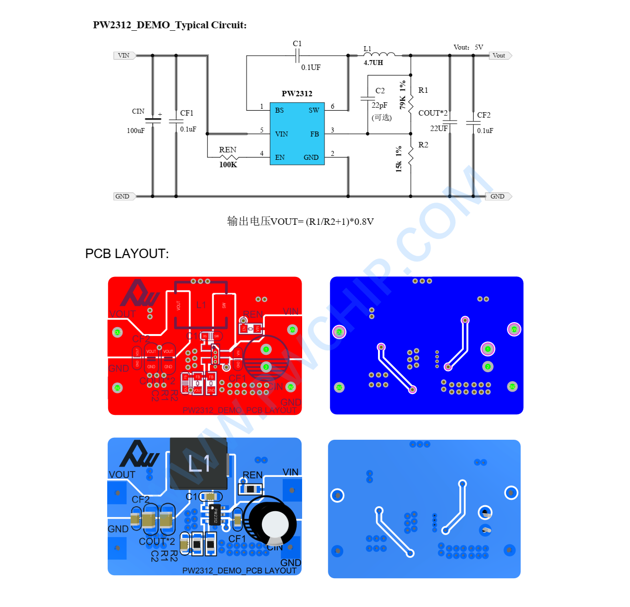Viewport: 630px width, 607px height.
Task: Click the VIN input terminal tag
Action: (x=124, y=56)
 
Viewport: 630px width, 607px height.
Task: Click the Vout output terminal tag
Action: (x=500, y=56)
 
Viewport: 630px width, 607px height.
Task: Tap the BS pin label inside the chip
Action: (x=279, y=110)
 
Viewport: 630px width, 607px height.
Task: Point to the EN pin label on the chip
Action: (x=280, y=157)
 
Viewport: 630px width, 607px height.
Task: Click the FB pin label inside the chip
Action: (x=315, y=134)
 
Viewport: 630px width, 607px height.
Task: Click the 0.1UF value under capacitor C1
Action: (x=311, y=67)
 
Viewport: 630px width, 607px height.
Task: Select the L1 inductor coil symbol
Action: (x=379, y=55)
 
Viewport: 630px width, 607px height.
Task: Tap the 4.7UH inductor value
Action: (x=373, y=63)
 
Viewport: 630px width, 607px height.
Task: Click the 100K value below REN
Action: (x=228, y=165)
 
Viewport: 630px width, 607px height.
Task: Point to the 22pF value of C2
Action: (x=379, y=105)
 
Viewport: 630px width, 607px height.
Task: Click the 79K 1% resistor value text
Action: (x=402, y=95)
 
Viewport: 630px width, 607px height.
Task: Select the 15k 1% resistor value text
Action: (x=399, y=159)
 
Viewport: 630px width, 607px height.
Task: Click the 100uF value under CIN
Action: (x=135, y=131)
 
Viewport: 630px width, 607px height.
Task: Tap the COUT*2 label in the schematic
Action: (x=433, y=113)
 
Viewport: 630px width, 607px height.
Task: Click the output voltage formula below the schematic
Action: (x=300, y=221)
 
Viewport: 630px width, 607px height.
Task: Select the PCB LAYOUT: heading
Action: (x=127, y=254)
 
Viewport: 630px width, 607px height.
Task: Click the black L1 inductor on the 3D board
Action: (x=198, y=464)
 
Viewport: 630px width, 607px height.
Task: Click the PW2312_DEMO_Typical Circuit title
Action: (x=170, y=25)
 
